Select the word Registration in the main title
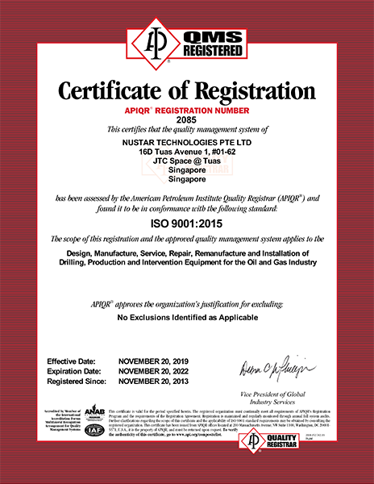[x=253, y=88]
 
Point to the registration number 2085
[x=186, y=119]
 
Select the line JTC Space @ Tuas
[x=186, y=161]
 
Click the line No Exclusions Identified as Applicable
[x=186, y=319]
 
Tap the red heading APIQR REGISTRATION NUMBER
[x=186, y=109]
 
